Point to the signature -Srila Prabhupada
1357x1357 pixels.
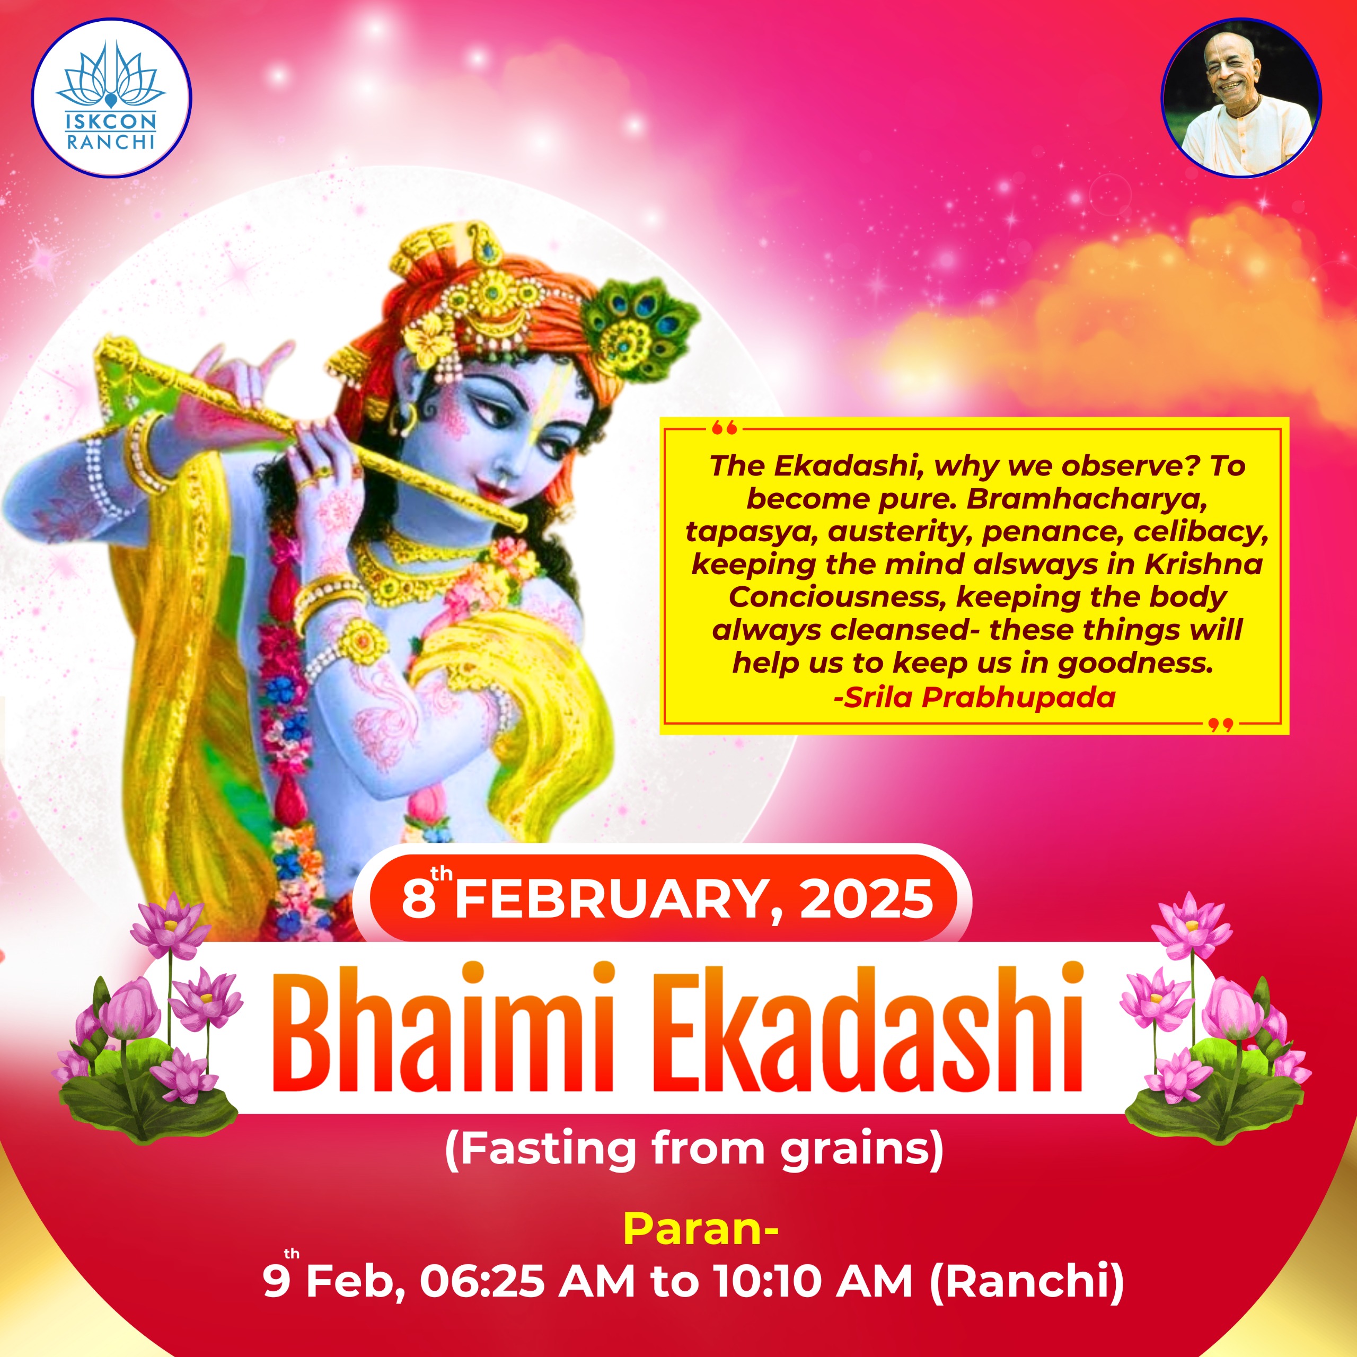pos(974,698)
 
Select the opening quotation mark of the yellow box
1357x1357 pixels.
pos(724,427)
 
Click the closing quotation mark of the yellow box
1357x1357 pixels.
pos(1221,724)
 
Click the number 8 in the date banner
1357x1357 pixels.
pos(419,900)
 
